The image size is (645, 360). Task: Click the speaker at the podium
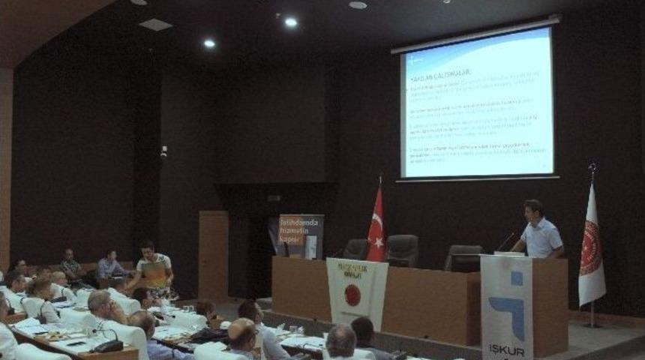[540, 232]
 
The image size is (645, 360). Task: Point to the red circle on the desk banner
[352, 295]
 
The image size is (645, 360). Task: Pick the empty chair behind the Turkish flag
[402, 250]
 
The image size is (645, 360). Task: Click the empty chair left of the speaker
[463, 257]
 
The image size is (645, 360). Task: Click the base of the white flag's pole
[592, 324]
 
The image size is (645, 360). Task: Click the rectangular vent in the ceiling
[156, 25]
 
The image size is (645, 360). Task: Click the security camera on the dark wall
[163, 151]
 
